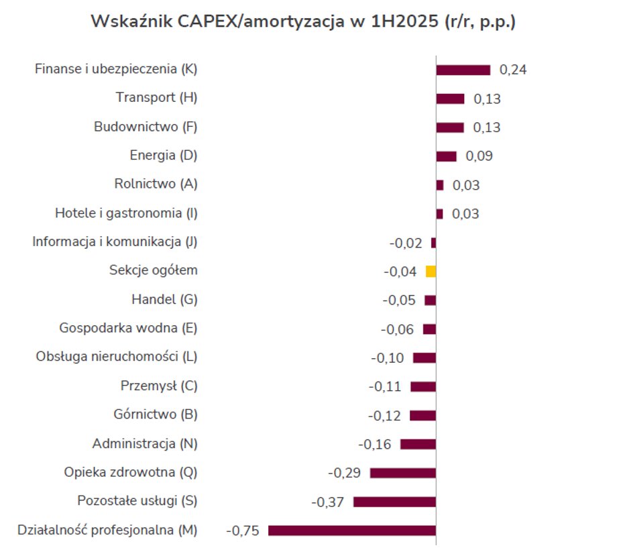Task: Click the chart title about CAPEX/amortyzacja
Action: click(303, 22)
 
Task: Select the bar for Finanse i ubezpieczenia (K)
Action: click(463, 70)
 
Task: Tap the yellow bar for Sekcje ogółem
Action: click(431, 272)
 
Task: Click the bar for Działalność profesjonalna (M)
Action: click(352, 530)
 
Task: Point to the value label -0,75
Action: click(242, 530)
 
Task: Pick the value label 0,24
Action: click(513, 70)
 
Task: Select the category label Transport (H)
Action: click(156, 97)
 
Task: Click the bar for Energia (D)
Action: click(446, 156)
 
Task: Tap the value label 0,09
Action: click(479, 156)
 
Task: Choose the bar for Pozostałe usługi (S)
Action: click(394, 502)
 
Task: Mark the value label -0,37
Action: click(328, 502)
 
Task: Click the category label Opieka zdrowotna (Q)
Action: click(131, 472)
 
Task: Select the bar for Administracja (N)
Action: click(418, 444)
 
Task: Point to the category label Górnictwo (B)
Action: click(156, 414)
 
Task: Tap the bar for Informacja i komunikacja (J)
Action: click(433, 243)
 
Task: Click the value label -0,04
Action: click(400, 272)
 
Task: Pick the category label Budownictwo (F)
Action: click(146, 127)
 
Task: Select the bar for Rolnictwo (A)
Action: click(440, 185)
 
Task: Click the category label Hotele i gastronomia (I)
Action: click(126, 214)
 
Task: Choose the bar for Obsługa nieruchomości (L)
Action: click(425, 358)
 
